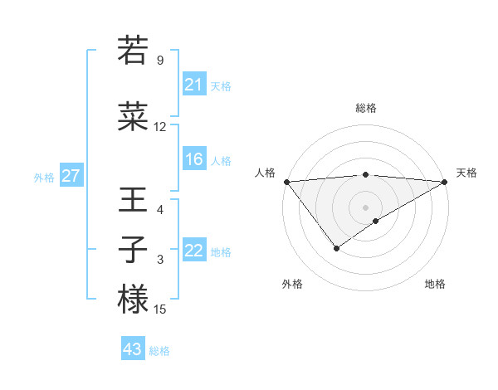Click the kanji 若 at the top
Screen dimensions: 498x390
[x=133, y=51]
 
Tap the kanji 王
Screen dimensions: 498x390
[x=133, y=200]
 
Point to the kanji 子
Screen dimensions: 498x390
[x=133, y=250]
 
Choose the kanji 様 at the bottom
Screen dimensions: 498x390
[x=133, y=300]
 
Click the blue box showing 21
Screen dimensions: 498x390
[x=193, y=85]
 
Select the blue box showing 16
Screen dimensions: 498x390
[x=193, y=159]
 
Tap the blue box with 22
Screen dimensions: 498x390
[x=193, y=251]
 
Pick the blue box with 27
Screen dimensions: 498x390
[x=71, y=176]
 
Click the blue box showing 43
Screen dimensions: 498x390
[x=132, y=349]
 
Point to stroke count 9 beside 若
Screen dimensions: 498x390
[x=160, y=61]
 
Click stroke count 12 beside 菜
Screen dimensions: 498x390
[x=160, y=127]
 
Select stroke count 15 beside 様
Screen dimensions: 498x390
[x=160, y=310]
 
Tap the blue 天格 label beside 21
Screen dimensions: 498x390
[x=221, y=85]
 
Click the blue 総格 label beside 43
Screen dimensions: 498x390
[x=159, y=350]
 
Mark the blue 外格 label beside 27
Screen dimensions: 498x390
[x=44, y=177]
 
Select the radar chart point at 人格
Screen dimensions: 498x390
[x=286, y=181]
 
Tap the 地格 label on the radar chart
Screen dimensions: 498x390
[x=435, y=284]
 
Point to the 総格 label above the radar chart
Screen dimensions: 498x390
[x=366, y=108]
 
